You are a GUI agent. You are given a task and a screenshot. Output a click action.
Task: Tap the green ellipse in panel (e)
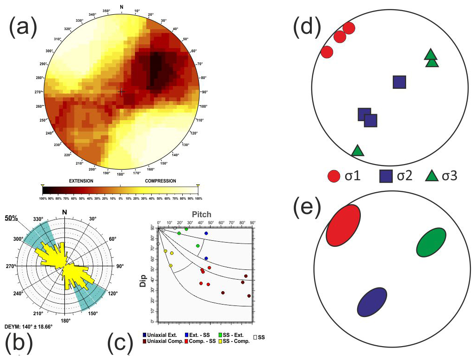(x=431, y=242)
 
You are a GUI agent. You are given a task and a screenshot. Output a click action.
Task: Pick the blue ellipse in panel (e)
(x=372, y=302)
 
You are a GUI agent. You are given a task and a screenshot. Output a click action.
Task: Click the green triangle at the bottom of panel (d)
(x=357, y=151)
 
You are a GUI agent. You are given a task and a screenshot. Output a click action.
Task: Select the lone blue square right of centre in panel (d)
(x=399, y=82)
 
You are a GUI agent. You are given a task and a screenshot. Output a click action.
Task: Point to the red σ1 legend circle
(x=334, y=176)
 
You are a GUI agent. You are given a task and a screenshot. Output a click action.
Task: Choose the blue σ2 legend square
(x=387, y=176)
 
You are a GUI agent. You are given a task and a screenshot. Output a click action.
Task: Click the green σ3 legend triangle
(x=432, y=176)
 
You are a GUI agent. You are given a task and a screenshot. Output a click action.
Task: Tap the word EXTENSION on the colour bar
(x=81, y=181)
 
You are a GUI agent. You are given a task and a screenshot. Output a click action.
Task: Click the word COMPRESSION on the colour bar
(x=161, y=181)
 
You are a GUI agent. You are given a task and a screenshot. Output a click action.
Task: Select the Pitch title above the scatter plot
(x=201, y=214)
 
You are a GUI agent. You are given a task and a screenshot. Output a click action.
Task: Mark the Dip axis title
(x=143, y=276)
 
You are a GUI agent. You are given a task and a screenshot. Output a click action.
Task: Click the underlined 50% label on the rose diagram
(x=12, y=217)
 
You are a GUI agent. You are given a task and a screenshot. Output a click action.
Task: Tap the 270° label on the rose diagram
(x=11, y=267)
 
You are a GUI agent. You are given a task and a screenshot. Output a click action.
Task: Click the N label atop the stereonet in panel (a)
(x=121, y=6)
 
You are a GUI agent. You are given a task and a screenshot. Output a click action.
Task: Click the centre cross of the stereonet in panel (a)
(x=121, y=92)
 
